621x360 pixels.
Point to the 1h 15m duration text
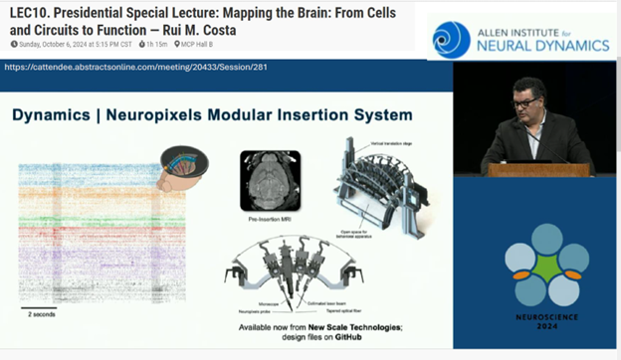(x=155, y=45)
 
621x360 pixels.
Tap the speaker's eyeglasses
(x=524, y=102)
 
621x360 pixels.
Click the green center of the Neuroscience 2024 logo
(x=544, y=266)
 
